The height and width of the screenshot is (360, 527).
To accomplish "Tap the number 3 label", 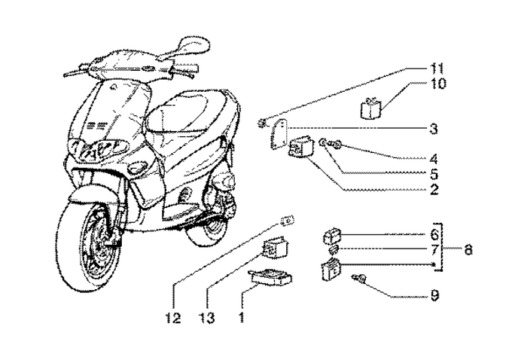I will pyautogui.click(x=433, y=130).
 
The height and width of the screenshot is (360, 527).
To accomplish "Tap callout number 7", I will pyautogui.click(x=468, y=250).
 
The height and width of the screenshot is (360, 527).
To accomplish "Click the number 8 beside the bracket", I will pyautogui.click(x=434, y=296).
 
